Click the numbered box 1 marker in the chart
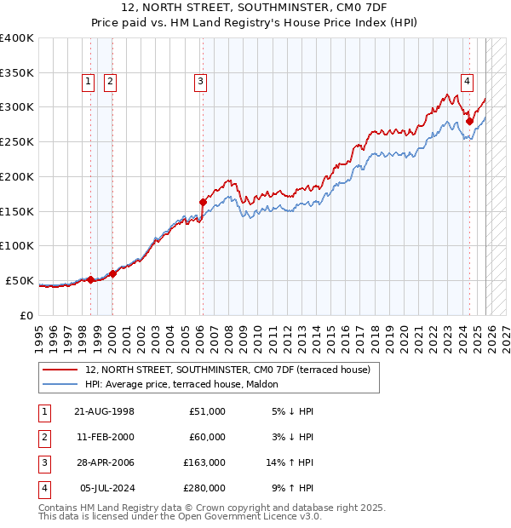[x=89, y=82]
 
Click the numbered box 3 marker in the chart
[x=200, y=82]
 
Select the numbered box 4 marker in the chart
[x=468, y=82]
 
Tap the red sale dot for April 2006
[x=203, y=202]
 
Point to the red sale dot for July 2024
[x=469, y=121]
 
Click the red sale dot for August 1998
[x=91, y=279]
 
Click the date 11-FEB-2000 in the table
[x=104, y=437]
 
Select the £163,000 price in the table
[x=205, y=462]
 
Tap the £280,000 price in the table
[x=205, y=488]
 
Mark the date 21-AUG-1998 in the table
[x=104, y=411]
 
